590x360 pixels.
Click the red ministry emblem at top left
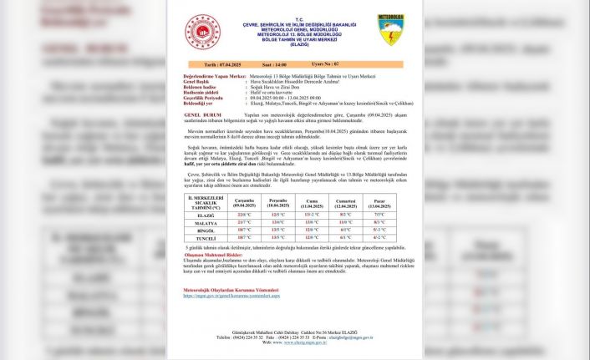205,32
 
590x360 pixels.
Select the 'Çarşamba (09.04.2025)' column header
245,203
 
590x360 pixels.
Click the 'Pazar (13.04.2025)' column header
379,203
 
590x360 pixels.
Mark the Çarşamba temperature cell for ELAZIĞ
245,215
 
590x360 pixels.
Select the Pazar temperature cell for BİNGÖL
379,230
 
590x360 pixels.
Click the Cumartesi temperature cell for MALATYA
346,222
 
